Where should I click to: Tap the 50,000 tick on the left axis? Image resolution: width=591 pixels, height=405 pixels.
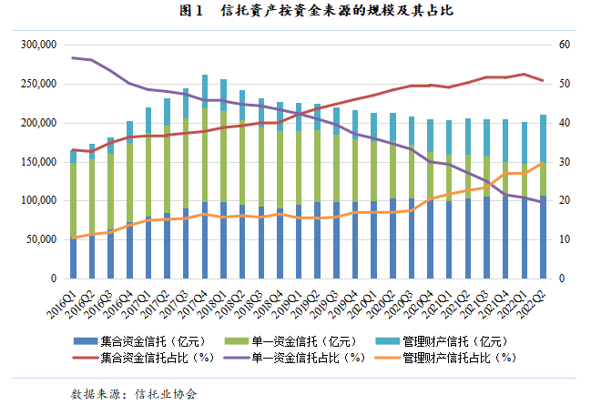(41, 239)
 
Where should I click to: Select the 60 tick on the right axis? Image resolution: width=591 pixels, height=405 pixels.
(565, 45)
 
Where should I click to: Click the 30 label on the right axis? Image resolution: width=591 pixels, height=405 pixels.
(565, 161)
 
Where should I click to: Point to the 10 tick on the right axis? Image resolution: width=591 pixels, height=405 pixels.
(565, 239)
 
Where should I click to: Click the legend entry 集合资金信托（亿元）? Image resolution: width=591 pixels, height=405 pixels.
(154, 340)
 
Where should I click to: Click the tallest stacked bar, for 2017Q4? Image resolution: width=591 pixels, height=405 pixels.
(206, 182)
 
